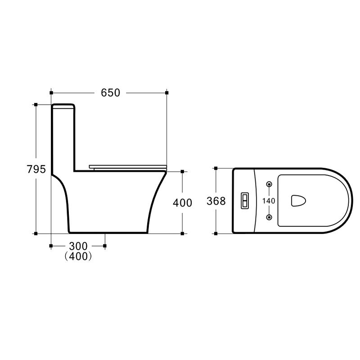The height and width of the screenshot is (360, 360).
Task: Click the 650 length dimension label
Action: (110, 93)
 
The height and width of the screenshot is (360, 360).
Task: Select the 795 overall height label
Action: (36, 170)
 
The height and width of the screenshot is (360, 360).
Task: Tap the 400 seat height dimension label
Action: (183, 203)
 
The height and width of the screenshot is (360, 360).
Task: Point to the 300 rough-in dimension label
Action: (78, 246)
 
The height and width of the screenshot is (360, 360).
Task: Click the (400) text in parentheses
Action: (78, 256)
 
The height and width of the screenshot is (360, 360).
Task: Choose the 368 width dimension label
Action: (216, 201)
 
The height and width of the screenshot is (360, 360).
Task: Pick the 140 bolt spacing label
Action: (269, 201)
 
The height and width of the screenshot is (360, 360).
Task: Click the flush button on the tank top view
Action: (244, 201)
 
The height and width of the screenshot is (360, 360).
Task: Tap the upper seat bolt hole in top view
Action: (269, 184)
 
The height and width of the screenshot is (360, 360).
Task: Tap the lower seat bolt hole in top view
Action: (269, 217)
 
